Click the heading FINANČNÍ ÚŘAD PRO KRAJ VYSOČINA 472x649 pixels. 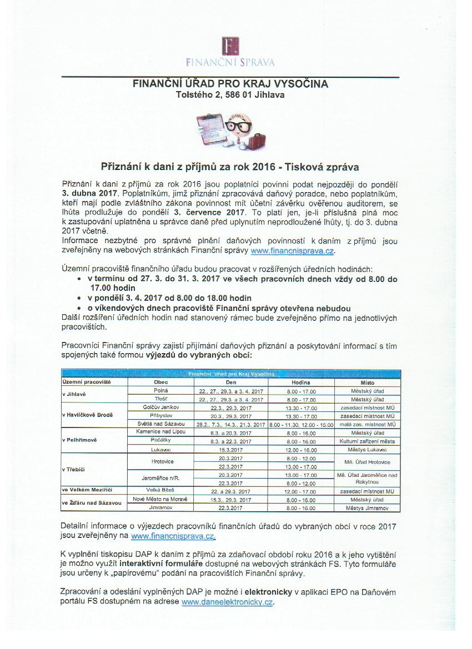click(230, 84)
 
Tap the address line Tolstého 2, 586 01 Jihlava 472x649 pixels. click(230, 95)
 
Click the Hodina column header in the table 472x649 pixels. click(300, 383)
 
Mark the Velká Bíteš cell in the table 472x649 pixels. click(160, 491)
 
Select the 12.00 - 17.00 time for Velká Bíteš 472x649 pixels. click(300, 491)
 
